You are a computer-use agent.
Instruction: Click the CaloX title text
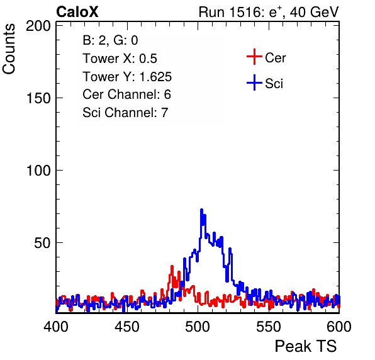click(77, 12)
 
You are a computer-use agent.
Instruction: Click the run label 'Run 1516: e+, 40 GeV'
click(269, 12)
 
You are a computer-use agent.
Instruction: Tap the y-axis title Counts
click(9, 49)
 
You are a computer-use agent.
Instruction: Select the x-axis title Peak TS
click(305, 346)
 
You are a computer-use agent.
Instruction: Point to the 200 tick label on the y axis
click(38, 26)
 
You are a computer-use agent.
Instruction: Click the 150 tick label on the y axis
click(38, 98)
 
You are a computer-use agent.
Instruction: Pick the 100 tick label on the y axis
click(38, 171)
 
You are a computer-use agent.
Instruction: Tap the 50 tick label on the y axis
click(42, 243)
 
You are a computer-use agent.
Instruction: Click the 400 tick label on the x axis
click(56, 327)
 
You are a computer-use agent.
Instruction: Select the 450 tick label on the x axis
click(126, 327)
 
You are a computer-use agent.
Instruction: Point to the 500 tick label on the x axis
click(198, 327)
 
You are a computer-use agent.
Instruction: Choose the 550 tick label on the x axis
click(268, 327)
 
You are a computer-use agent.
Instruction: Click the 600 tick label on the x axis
click(339, 327)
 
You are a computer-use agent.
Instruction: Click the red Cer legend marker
click(254, 57)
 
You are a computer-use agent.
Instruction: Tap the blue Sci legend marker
click(254, 82)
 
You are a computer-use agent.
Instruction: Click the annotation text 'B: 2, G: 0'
click(110, 40)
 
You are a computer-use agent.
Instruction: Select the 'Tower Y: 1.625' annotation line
click(127, 77)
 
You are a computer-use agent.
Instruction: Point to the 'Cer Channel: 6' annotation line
click(126, 94)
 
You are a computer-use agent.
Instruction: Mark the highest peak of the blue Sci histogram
click(201, 210)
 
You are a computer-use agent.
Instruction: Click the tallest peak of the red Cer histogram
click(172, 266)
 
